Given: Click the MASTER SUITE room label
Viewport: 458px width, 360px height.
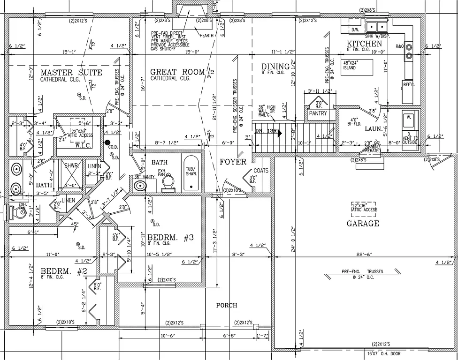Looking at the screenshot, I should (x=71, y=73).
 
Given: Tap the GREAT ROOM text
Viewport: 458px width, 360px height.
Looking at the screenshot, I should (x=177, y=72).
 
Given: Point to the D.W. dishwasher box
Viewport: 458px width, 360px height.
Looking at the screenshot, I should (x=355, y=30).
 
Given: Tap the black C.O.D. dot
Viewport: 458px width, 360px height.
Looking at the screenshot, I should (x=107, y=142).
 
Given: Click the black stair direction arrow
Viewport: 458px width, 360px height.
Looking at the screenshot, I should (x=279, y=133).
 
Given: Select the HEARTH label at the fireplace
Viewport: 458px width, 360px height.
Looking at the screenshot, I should (x=206, y=36).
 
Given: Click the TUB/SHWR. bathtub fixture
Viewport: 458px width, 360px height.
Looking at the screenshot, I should (x=191, y=173).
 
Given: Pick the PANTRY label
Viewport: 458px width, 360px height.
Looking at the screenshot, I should (x=318, y=113).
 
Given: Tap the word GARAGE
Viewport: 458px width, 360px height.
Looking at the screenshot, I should (x=363, y=224).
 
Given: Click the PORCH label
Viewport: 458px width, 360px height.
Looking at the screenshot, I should (x=226, y=305).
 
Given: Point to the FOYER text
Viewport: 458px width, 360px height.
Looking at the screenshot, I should (x=233, y=162).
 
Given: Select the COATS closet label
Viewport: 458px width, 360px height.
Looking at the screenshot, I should (x=261, y=171).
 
